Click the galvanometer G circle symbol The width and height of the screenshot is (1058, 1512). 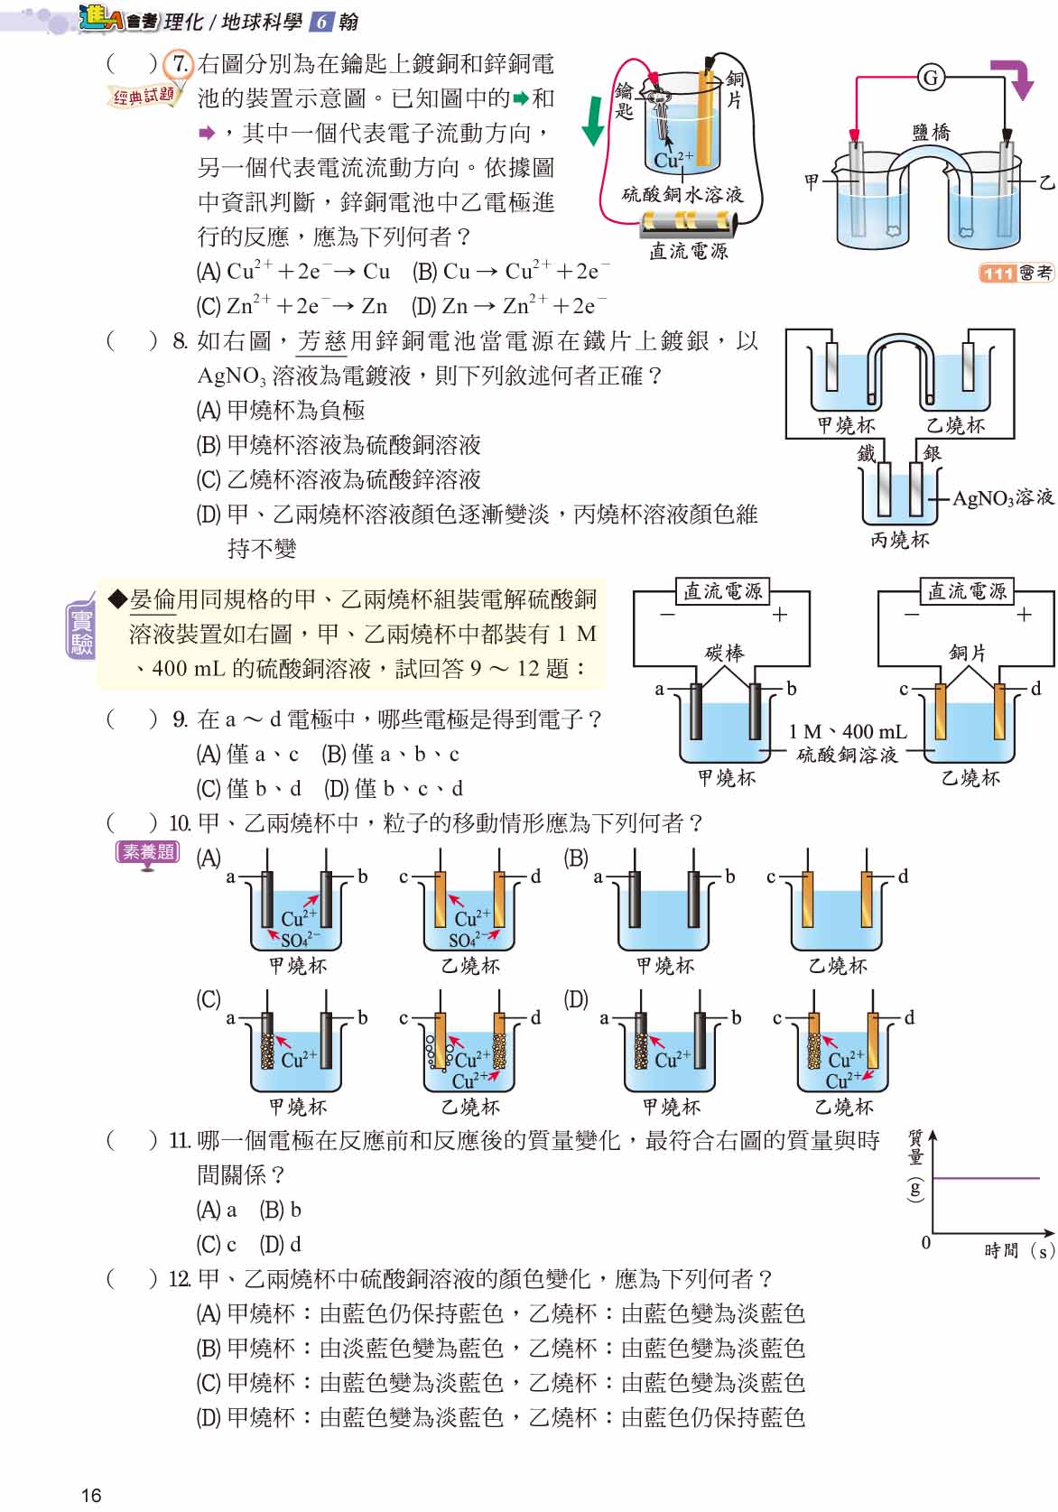(x=931, y=78)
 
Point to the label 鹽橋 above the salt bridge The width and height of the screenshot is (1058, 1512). (x=931, y=133)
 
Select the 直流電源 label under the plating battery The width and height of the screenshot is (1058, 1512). (x=688, y=251)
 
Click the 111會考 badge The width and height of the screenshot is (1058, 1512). (x=1016, y=273)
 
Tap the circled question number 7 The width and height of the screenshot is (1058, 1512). (x=180, y=65)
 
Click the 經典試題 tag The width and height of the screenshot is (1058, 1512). (x=144, y=96)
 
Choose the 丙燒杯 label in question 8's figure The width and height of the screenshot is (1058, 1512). (x=899, y=540)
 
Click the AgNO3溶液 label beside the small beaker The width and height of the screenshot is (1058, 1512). (x=1002, y=497)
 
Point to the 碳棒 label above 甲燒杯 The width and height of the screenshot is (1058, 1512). (x=724, y=652)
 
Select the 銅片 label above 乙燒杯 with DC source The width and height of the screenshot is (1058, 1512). (x=968, y=652)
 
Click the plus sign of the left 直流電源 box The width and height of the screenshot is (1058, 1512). (x=780, y=615)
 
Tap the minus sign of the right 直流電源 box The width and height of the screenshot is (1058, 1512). (x=911, y=615)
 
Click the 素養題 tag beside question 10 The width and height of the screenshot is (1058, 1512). (x=148, y=851)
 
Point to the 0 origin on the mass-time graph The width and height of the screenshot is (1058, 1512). (x=925, y=1243)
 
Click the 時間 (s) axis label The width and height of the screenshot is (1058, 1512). (x=1018, y=1250)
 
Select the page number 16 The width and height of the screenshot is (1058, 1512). (x=91, y=1495)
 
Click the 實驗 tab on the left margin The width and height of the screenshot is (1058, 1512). (x=81, y=631)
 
